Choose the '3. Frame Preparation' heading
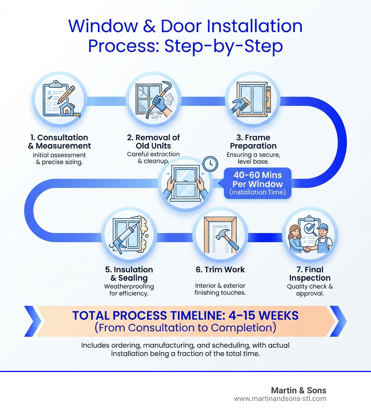pyautogui.click(x=253, y=142)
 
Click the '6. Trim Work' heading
pyautogui.click(x=220, y=269)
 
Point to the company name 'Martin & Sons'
pyautogui.click(x=299, y=390)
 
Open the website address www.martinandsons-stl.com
pyautogui.click(x=280, y=399)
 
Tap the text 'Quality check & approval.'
pyautogui.click(x=310, y=290)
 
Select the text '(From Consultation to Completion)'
pyautogui.click(x=185, y=328)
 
